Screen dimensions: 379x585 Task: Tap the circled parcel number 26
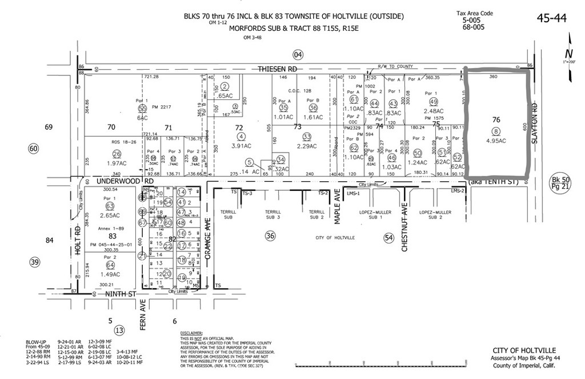coord(117,153)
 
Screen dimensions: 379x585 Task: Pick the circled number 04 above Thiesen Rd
coord(297,54)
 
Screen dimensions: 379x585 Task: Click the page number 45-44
coord(551,18)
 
